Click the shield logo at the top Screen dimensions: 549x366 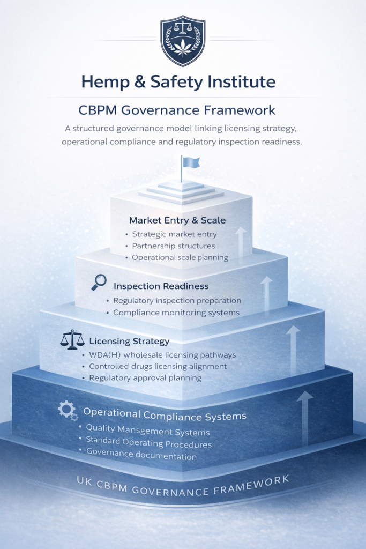(183, 41)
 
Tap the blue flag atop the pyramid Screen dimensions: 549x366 (190, 162)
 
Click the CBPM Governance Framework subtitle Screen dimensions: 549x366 (177, 110)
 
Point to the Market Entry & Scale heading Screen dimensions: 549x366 (177, 220)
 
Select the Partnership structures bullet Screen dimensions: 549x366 (173, 246)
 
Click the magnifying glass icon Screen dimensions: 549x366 (99, 282)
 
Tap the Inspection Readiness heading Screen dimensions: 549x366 (161, 286)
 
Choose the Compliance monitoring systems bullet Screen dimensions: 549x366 (176, 312)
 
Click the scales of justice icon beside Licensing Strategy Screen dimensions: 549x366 (72, 339)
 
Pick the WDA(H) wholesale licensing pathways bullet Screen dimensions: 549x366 (162, 355)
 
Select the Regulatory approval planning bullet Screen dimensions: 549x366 (145, 377)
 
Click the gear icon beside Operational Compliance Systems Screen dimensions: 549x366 (68, 411)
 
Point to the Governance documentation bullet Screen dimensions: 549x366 (141, 456)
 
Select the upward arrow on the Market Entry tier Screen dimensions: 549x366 (241, 241)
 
